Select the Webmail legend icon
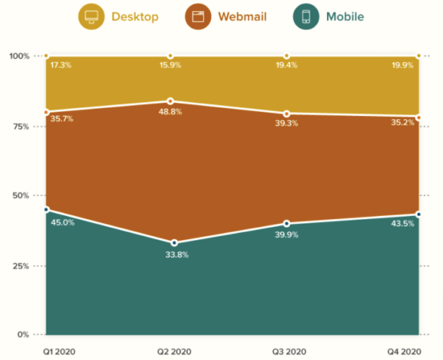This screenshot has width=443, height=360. pyautogui.click(x=198, y=16)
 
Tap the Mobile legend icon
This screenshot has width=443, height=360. pyautogui.click(x=306, y=16)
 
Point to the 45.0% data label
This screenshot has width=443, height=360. pyautogui.click(x=62, y=223)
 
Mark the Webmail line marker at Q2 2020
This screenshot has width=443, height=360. pyautogui.click(x=170, y=101)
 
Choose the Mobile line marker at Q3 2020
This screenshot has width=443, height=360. pyautogui.click(x=287, y=223)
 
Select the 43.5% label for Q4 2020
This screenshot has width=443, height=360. pyautogui.click(x=401, y=223)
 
